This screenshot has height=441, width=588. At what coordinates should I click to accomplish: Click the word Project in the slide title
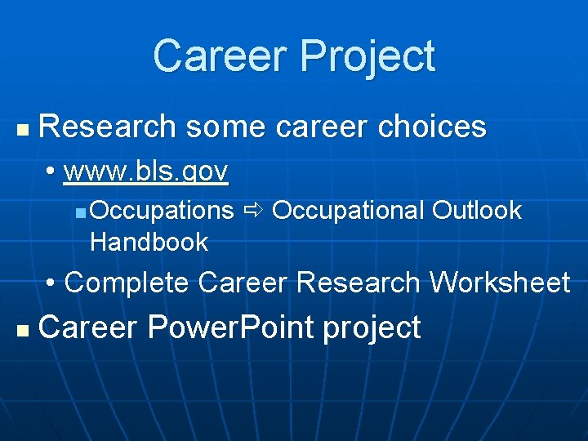point(367,57)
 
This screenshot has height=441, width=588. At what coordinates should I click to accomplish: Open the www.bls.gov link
point(145,171)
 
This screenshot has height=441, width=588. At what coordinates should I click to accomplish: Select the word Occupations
point(162,211)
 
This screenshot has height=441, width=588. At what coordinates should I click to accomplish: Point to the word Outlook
point(476,210)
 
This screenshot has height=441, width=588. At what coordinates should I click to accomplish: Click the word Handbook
point(149,242)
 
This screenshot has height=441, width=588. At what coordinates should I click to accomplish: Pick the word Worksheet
point(500,283)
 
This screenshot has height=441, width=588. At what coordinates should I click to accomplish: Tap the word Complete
point(127,283)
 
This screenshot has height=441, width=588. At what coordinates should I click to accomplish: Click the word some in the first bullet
point(226,127)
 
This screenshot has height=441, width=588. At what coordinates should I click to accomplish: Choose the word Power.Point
point(231,327)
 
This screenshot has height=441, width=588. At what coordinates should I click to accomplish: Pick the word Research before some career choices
point(107,127)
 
